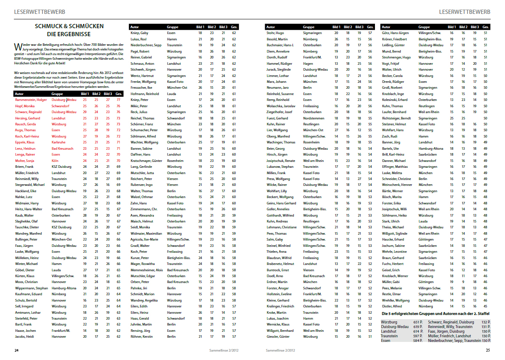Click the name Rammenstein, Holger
click(31, 100)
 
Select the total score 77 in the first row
click(119, 100)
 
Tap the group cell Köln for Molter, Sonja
click(56, 161)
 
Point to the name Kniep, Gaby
click(139, 32)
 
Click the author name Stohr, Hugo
click(275, 32)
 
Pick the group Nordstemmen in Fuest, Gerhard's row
click(314, 118)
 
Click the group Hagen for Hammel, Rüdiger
click(308, 63)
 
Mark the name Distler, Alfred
click(392, 307)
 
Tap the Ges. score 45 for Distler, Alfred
click(486, 307)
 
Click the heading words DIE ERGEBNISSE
click(69, 34)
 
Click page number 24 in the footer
click(16, 350)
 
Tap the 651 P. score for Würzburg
click(417, 322)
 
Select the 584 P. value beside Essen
click(417, 341)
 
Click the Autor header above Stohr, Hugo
click(271, 27)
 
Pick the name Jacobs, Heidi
click(25, 336)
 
